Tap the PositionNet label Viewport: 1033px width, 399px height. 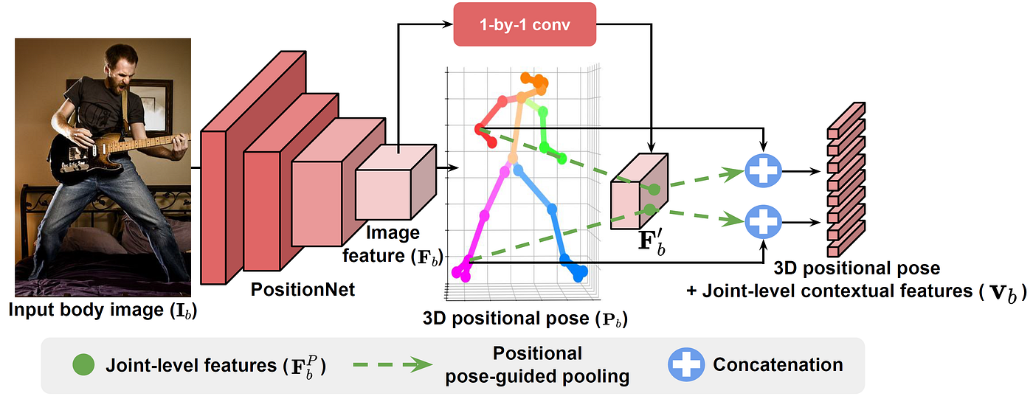click(303, 289)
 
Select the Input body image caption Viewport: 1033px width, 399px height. click(103, 310)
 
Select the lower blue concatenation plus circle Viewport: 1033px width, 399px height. click(763, 221)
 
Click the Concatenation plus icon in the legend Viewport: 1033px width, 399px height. click(685, 365)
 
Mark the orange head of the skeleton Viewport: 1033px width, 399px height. click(531, 83)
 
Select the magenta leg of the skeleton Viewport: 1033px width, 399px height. click(486, 218)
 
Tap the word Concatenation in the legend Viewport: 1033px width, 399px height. click(778, 365)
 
